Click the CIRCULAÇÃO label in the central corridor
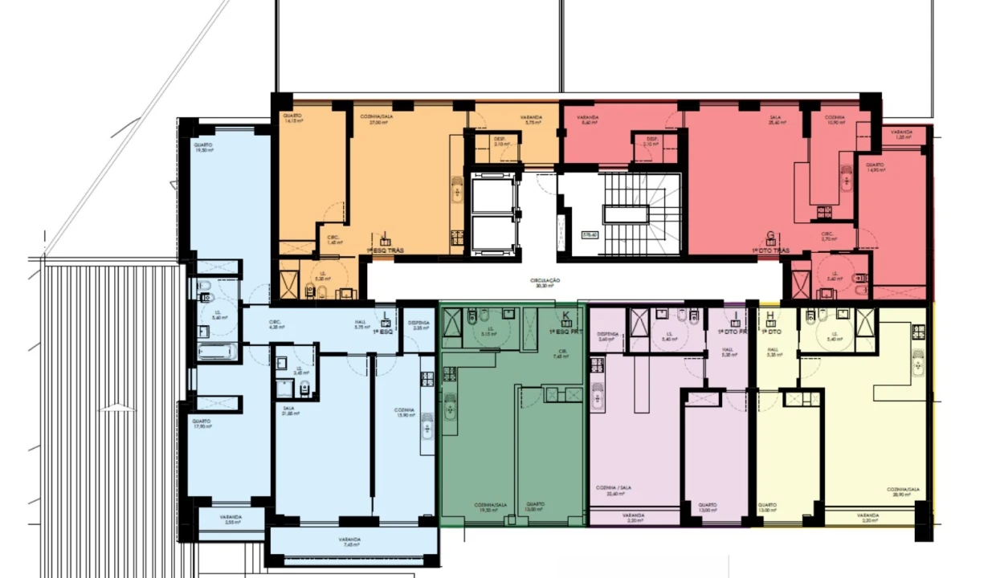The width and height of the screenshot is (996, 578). [544, 283]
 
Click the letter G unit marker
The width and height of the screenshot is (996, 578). [771, 237]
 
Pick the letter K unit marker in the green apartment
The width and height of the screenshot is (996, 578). [565, 315]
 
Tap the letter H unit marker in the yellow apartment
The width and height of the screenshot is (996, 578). [771, 315]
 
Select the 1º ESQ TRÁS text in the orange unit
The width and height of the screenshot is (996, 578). [386, 251]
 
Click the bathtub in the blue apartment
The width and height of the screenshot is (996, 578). [218, 352]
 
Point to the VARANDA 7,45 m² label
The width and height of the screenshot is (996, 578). [349, 542]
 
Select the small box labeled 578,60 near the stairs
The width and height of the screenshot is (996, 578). [590, 235]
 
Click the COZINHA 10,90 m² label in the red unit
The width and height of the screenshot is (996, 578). [835, 120]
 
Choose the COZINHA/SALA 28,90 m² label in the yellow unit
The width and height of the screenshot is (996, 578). [902, 491]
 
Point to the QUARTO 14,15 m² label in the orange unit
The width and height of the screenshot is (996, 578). [292, 120]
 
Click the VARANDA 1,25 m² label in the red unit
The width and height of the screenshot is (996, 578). [901, 134]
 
